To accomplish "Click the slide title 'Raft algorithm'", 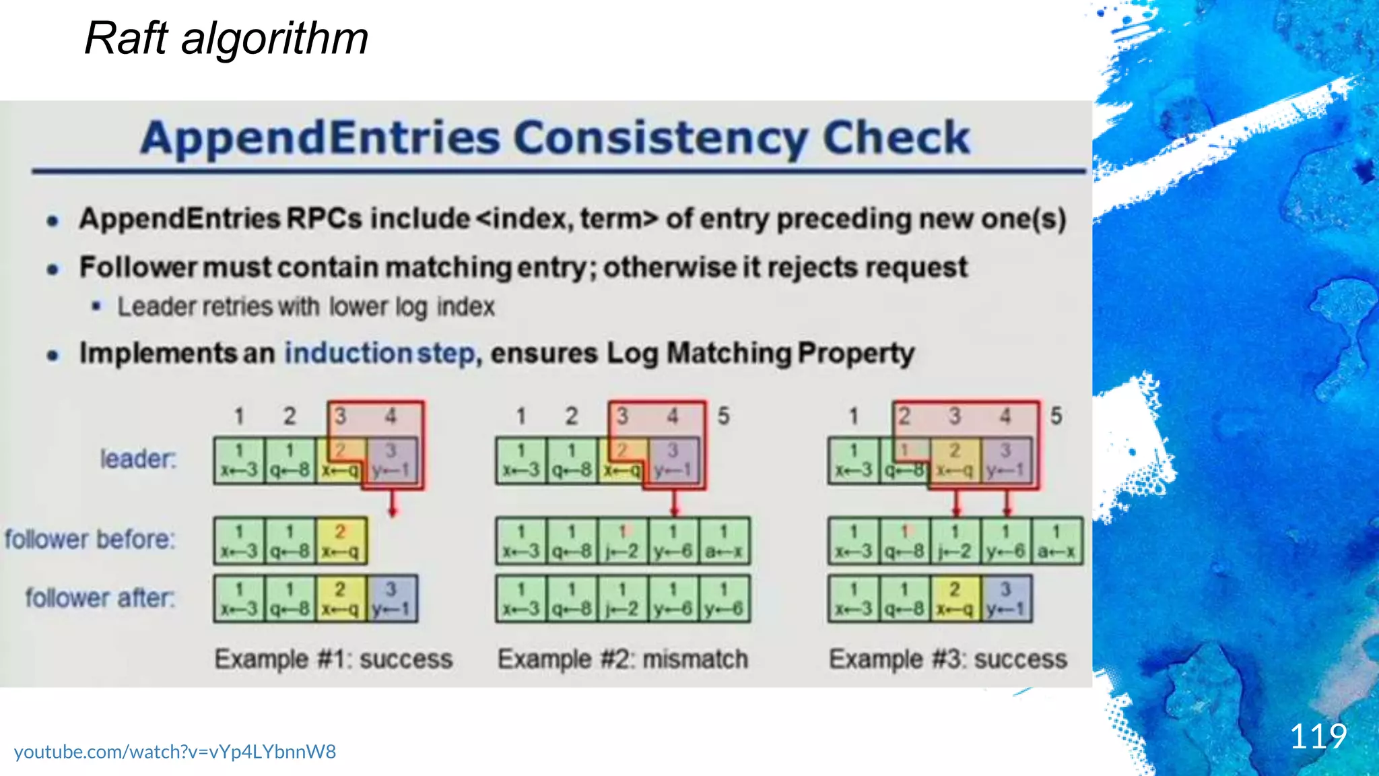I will pyautogui.click(x=226, y=38).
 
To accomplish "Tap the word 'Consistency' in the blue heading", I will pyautogui.click(x=661, y=139).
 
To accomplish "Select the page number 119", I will pyautogui.click(x=1318, y=736).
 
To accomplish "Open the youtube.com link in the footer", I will pyautogui.click(x=175, y=752).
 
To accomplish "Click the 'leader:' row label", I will pyautogui.click(x=138, y=459).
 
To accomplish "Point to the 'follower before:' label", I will pyautogui.click(x=90, y=540).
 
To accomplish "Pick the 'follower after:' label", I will pyautogui.click(x=100, y=597).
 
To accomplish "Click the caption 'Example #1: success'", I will pyautogui.click(x=333, y=659).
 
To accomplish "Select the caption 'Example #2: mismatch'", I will pyautogui.click(x=623, y=659).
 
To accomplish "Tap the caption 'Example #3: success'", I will pyautogui.click(x=948, y=659).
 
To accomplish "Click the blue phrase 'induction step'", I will pyautogui.click(x=380, y=354).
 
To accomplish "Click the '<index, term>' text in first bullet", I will pyautogui.click(x=567, y=219).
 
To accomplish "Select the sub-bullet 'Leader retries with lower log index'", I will pyautogui.click(x=306, y=307).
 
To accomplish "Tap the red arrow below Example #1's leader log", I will pyautogui.click(x=393, y=504).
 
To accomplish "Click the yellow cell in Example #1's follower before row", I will pyautogui.click(x=341, y=540).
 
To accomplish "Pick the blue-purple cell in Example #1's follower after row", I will pyautogui.click(x=392, y=598).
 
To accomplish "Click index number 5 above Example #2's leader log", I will pyautogui.click(x=723, y=416).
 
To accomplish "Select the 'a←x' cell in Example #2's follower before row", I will pyautogui.click(x=724, y=540).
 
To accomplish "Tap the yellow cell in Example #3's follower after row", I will pyautogui.click(x=955, y=598).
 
